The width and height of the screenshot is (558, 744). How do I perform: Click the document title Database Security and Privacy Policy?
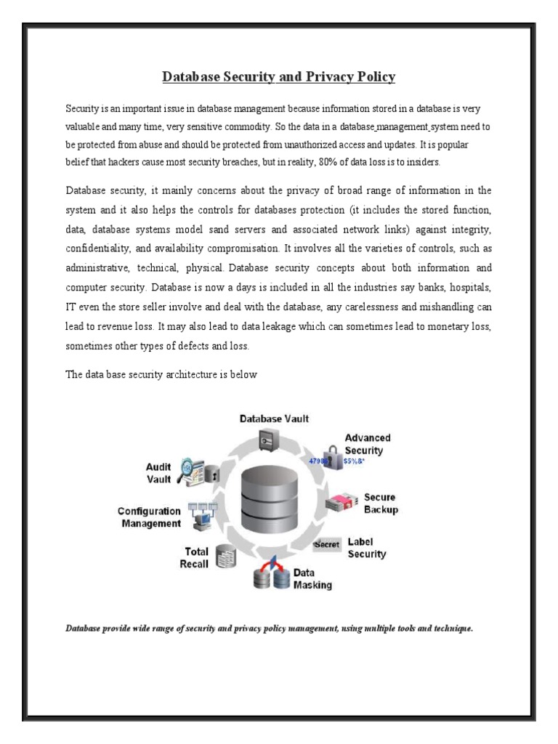pos(278,76)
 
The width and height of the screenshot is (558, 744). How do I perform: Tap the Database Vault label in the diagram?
pos(275,418)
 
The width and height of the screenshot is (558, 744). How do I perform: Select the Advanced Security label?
pos(367,444)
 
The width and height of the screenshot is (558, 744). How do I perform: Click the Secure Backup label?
pos(380,504)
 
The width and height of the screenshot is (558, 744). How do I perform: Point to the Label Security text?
pos(366,548)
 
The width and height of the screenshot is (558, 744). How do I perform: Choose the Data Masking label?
pos(312,579)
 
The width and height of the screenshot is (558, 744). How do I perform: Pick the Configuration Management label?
pos(149,517)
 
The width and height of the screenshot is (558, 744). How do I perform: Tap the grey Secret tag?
pos(327,544)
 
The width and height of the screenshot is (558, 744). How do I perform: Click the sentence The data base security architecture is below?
pos(161,375)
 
